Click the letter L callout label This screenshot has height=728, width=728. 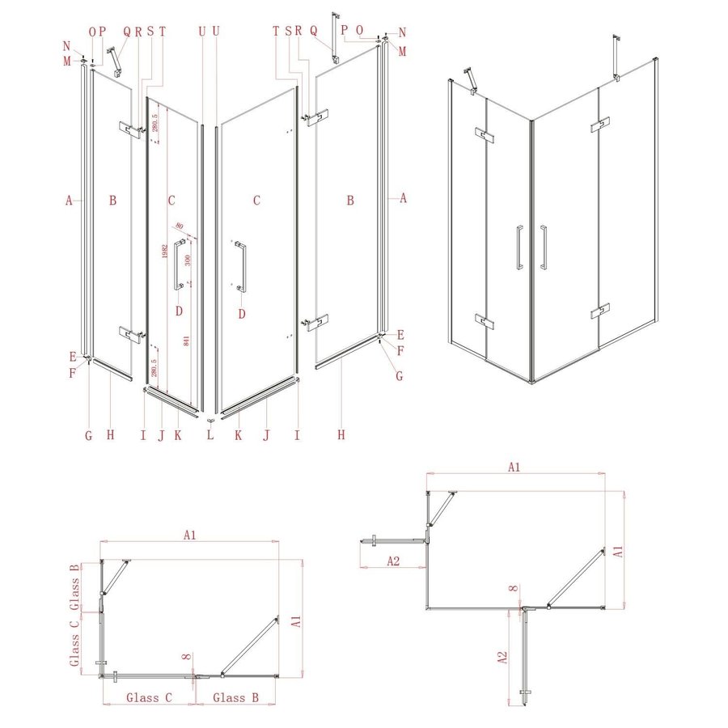tap(210, 435)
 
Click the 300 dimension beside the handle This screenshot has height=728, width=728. tap(187, 260)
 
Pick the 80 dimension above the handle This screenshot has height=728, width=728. tap(179, 226)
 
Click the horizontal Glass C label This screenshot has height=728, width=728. tap(149, 696)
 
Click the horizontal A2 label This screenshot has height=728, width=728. tap(393, 561)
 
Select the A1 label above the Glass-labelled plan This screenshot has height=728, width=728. tap(190, 535)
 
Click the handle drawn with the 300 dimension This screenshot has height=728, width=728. tap(177, 263)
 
